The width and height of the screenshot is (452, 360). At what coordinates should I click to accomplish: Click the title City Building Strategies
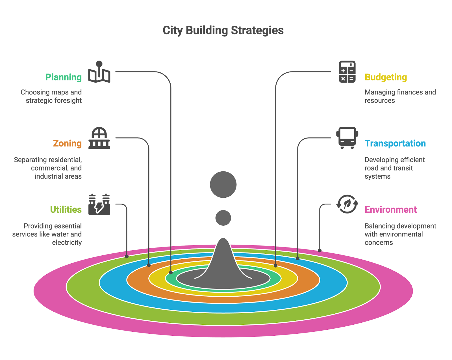click(x=223, y=31)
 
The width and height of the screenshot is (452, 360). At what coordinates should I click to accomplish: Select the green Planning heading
click(x=64, y=77)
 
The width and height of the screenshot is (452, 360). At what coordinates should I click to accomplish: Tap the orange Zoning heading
click(x=67, y=143)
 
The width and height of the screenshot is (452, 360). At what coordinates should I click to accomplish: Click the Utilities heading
click(x=66, y=210)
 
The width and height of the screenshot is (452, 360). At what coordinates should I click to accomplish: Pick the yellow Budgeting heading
click(x=386, y=77)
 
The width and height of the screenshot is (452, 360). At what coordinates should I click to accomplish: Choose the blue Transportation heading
click(x=395, y=143)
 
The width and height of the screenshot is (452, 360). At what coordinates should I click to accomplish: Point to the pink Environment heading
click(x=390, y=210)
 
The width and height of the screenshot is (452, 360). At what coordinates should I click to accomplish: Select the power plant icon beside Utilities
click(x=99, y=204)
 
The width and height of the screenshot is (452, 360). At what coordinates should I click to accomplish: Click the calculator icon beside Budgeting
click(x=347, y=72)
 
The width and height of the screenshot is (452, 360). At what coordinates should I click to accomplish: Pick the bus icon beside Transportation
click(x=347, y=138)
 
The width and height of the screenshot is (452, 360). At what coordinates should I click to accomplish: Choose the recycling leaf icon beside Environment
click(x=347, y=204)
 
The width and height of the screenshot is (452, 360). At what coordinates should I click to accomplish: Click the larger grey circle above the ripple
click(x=223, y=184)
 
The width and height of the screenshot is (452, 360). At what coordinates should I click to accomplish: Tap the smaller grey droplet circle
click(x=223, y=218)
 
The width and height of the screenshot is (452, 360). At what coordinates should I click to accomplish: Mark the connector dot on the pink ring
click(x=320, y=250)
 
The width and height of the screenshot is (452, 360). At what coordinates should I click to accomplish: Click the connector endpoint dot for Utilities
click(x=127, y=256)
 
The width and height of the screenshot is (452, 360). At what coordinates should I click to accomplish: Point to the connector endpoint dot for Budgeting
click(x=275, y=266)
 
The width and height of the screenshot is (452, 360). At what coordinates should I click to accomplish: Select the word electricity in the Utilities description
click(x=67, y=243)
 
